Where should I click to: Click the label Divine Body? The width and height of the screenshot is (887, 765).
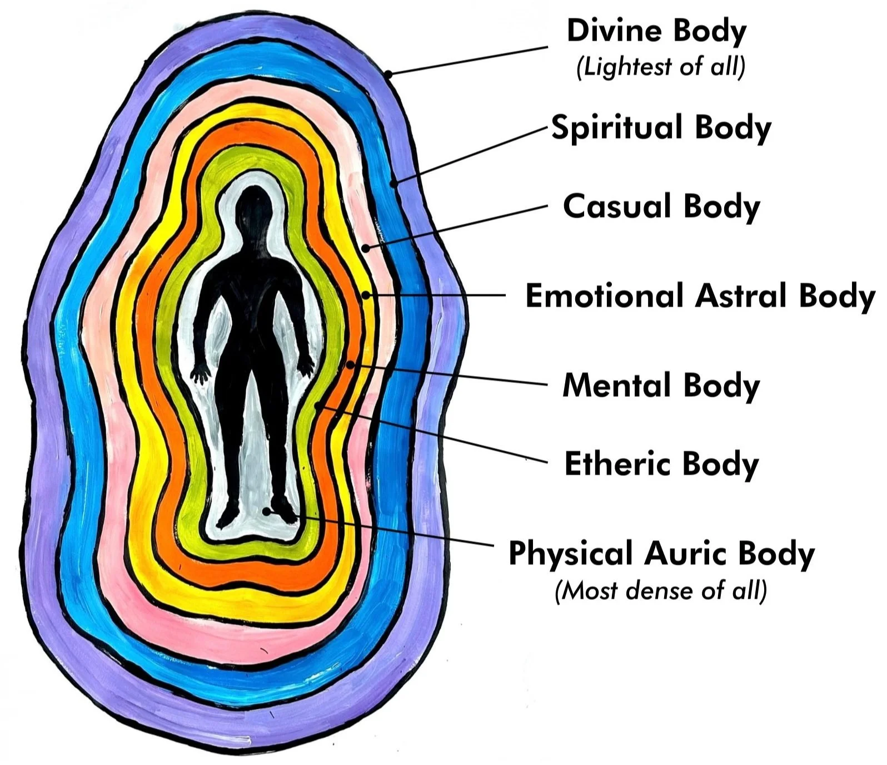point(656,31)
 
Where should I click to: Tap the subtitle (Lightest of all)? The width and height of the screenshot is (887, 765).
point(660,67)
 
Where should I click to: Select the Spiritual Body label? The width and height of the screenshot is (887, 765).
point(661,128)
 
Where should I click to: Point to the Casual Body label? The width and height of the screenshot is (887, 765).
point(661,206)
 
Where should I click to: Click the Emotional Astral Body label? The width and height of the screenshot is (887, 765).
point(700,295)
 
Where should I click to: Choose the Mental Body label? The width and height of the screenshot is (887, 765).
point(661,385)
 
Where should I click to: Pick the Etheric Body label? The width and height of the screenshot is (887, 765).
point(661,464)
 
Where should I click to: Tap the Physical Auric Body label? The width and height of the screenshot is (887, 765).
point(661,554)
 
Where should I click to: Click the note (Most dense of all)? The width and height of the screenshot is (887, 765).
point(661,590)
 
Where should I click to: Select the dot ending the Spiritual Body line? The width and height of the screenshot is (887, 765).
point(393,182)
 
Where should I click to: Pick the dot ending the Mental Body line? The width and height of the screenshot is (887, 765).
point(350,365)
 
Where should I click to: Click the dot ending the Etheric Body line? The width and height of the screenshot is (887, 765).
point(317,406)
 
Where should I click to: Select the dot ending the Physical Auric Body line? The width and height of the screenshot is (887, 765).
point(267,510)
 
